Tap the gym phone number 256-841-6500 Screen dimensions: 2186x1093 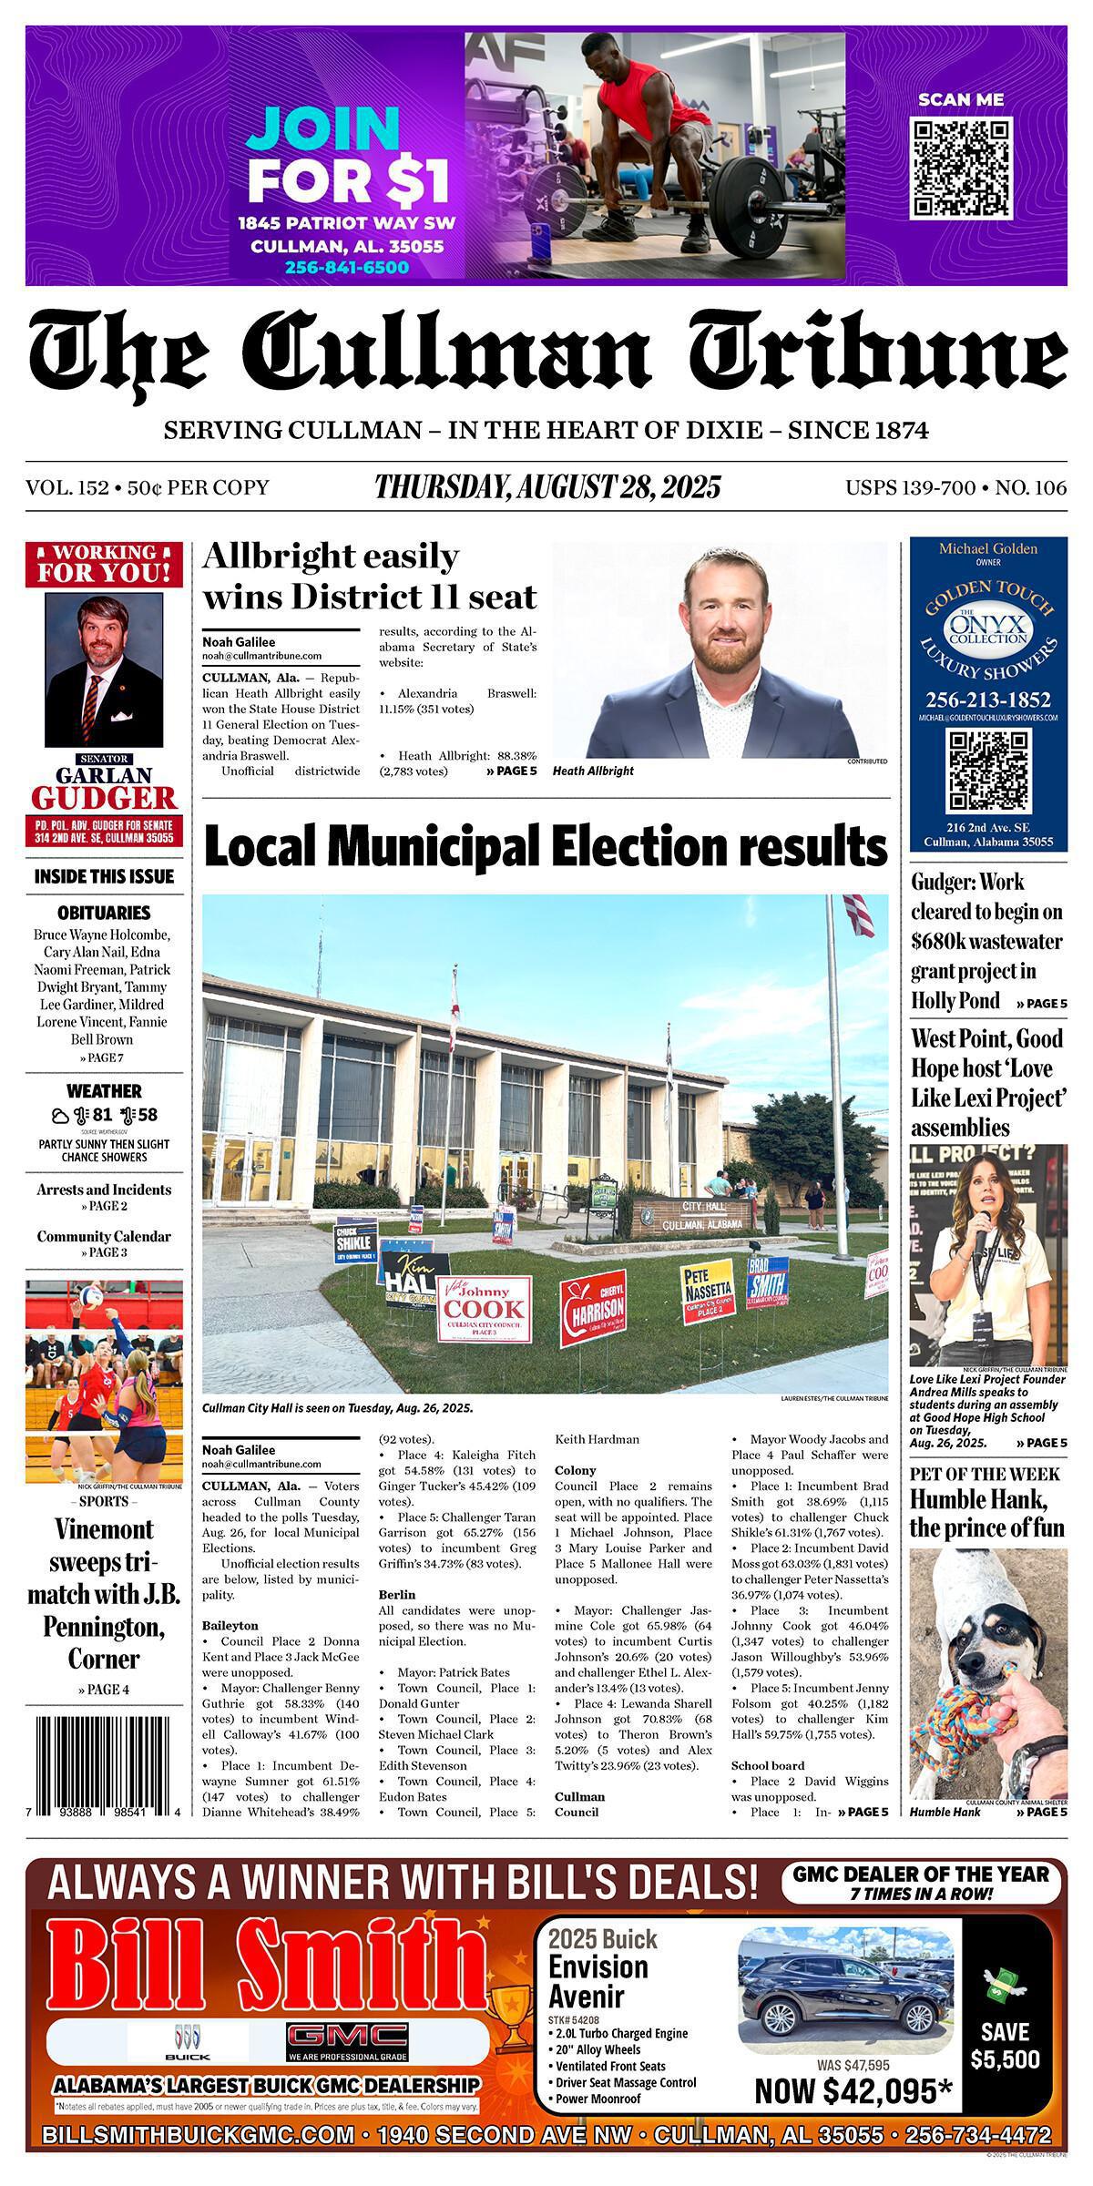[x=346, y=268]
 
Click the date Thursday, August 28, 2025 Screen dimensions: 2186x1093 [x=547, y=487]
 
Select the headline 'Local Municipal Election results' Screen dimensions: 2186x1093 [x=546, y=847]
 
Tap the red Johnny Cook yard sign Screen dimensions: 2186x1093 [x=485, y=1309]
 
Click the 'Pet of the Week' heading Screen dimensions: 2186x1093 [x=984, y=1474]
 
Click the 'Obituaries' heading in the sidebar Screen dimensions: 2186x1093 [x=104, y=912]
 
